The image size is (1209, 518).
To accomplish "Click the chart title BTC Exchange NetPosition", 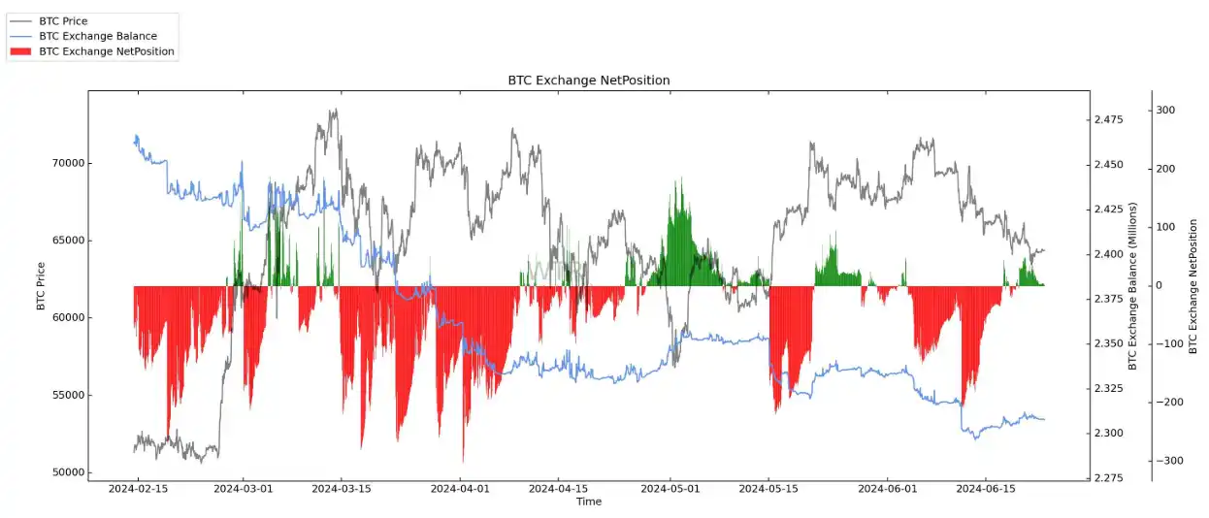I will (x=588, y=80).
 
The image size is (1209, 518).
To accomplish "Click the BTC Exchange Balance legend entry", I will (x=97, y=36).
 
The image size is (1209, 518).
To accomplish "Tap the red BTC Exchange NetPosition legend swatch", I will (x=21, y=51).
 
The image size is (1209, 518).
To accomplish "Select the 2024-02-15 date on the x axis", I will (x=137, y=490).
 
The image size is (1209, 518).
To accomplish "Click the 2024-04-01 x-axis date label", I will (x=459, y=490).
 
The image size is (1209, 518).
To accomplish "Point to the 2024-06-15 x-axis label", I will (x=987, y=490).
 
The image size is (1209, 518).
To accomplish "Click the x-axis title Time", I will (x=588, y=502).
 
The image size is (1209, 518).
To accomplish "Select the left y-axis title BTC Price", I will (x=41, y=286).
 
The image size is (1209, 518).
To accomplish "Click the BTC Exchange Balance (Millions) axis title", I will (x=1131, y=286).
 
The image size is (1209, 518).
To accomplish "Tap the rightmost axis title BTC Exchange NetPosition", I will (x=1193, y=286).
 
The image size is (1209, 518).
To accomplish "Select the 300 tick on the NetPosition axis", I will (x=1164, y=111).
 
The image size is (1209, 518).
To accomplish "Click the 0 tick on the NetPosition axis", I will (x=1160, y=286).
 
